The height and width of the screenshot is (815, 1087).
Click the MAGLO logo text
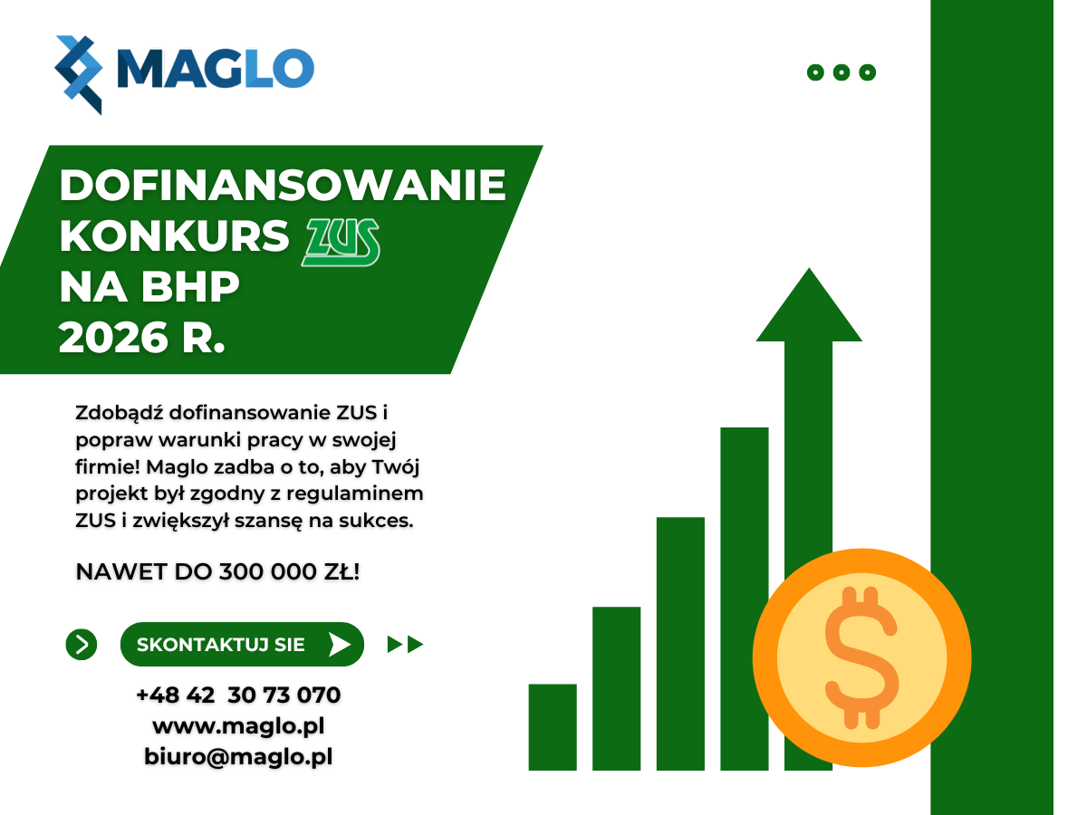pos(216,68)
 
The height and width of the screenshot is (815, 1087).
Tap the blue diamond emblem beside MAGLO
pos(78,75)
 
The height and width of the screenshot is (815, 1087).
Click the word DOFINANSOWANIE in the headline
pos(283,185)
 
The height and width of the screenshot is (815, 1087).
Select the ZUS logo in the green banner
pos(341,242)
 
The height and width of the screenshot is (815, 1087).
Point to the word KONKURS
pos(174,236)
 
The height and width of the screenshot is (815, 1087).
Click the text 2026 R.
pos(141,338)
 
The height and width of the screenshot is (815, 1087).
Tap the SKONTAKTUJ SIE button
pos(242,644)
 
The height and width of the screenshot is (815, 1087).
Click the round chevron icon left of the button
pos(82,644)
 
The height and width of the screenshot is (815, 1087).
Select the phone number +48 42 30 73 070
pos(238,695)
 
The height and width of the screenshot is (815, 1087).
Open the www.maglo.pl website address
pos(238,726)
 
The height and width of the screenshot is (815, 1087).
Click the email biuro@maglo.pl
pos(238,757)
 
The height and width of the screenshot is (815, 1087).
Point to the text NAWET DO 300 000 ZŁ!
pos(217,572)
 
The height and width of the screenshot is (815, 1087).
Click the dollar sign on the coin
pos(861,657)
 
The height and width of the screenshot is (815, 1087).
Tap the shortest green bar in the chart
pos(553,727)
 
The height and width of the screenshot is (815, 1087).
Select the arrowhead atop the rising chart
pos(809,304)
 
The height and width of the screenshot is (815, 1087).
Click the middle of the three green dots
pos(842,72)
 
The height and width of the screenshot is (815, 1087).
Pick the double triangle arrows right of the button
pos(405,644)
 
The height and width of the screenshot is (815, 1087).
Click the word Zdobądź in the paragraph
pos(120,413)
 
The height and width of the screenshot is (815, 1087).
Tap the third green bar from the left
pos(680,644)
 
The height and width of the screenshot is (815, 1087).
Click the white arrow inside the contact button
pos(340,644)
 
